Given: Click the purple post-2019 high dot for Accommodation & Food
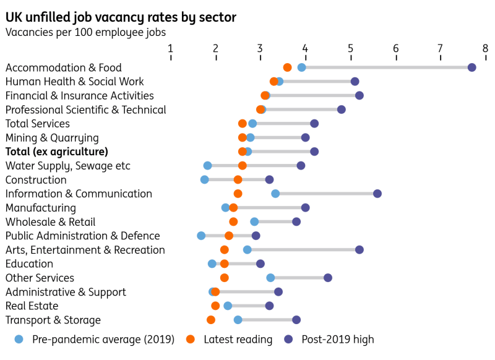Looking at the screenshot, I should pyautogui.click(x=471, y=67).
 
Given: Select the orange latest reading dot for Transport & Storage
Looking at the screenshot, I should pyautogui.click(x=211, y=320).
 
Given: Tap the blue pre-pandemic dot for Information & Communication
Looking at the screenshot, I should pyautogui.click(x=275, y=194).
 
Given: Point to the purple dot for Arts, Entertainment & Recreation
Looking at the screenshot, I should pyautogui.click(x=359, y=250).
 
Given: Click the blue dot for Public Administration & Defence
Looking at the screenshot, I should pyautogui.click(x=201, y=236).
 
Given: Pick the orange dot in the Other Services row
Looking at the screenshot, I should pyautogui.click(x=225, y=278).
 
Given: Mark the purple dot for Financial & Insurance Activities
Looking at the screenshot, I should pyautogui.click(x=359, y=95).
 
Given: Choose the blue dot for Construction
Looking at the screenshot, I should pyautogui.click(x=205, y=179).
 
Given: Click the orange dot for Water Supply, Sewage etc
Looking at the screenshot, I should pyautogui.click(x=243, y=165).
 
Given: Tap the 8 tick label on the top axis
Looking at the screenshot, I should pyautogui.click(x=485, y=48).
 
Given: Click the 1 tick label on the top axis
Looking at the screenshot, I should pyautogui.click(x=171, y=48).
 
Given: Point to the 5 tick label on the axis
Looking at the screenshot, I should pyautogui.click(x=350, y=48).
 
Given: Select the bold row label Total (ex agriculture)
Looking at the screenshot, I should pyautogui.click(x=57, y=152).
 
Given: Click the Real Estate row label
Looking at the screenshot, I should pyautogui.click(x=32, y=306).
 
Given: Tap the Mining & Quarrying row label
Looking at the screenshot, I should pyautogui.click(x=52, y=137).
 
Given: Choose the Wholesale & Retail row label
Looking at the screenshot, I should pyautogui.click(x=51, y=222).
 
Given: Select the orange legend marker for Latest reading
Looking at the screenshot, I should pyautogui.click(x=191, y=339).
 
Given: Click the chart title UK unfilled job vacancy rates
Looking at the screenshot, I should pyautogui.click(x=121, y=17).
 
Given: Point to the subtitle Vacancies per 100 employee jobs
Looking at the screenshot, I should pyautogui.click(x=85, y=32).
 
